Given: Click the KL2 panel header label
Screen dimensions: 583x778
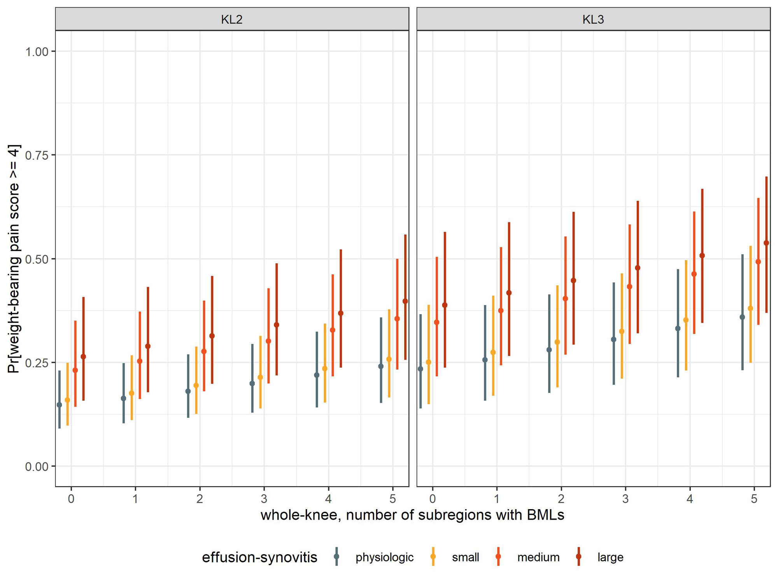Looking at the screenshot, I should (x=232, y=19).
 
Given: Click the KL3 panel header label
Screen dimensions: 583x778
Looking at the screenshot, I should (x=593, y=19).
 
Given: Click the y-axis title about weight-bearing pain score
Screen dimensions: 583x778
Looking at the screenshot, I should (x=14, y=259).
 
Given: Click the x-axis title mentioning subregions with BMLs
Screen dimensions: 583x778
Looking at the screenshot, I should (x=412, y=515).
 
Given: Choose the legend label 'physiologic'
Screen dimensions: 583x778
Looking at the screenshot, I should (x=384, y=557).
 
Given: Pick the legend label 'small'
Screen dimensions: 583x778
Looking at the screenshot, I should (x=465, y=557).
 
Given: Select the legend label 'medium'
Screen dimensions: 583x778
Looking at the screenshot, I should (x=538, y=557).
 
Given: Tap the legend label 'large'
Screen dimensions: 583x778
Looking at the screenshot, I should (x=610, y=557).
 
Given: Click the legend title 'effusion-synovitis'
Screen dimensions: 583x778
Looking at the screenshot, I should (x=259, y=557).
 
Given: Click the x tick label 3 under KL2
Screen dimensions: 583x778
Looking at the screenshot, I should (x=264, y=499).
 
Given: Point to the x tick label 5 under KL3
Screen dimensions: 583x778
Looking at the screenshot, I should (x=754, y=499).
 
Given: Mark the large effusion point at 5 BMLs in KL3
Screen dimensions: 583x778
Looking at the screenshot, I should (x=766, y=243).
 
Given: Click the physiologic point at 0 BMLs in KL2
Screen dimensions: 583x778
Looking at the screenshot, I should (x=60, y=405).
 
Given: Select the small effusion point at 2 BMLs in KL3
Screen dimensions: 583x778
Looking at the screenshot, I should (x=557, y=342).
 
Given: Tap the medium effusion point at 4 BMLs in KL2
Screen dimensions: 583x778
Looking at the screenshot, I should (x=333, y=330).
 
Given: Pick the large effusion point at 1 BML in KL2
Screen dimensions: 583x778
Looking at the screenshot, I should (x=148, y=346).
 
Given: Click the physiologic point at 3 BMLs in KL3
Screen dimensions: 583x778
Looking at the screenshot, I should (x=614, y=339).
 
